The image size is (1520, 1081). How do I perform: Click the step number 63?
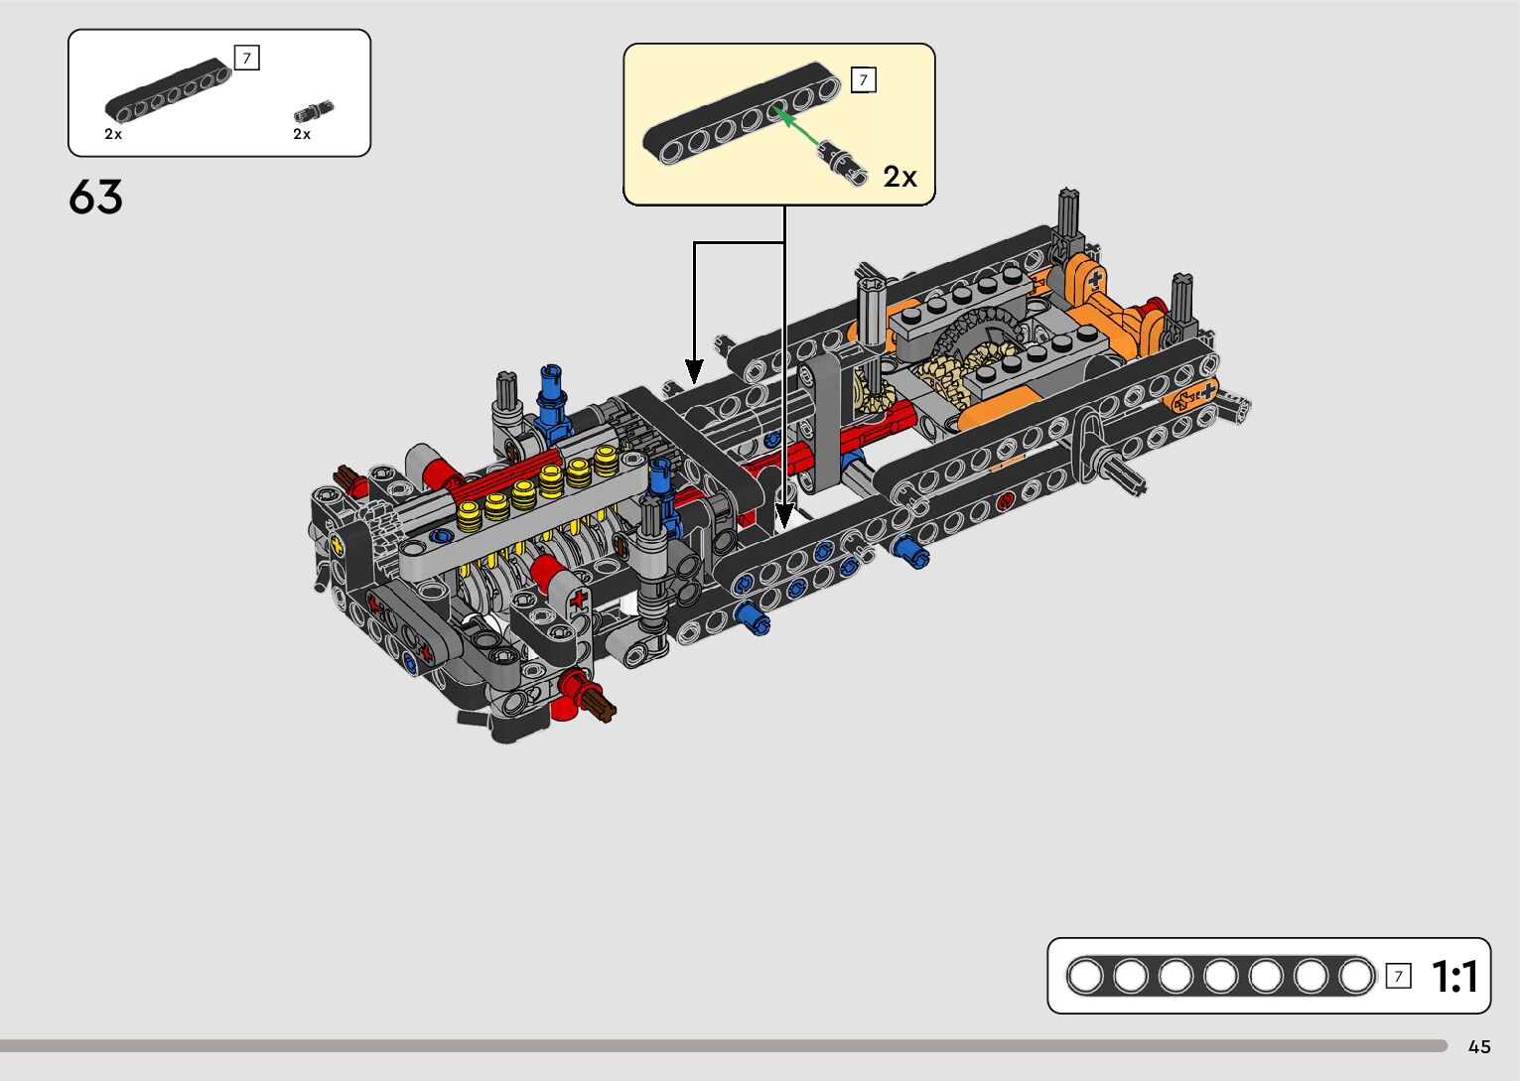click(x=95, y=197)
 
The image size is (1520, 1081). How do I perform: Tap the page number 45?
click(x=1479, y=1047)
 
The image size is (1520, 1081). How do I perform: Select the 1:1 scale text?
click(x=1454, y=977)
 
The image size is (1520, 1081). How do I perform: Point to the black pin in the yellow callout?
click(x=843, y=163)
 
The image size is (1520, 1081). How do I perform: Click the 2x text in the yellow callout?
click(x=899, y=177)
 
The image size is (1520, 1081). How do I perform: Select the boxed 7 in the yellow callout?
click(x=863, y=80)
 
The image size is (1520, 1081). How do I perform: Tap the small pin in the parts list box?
click(x=314, y=110)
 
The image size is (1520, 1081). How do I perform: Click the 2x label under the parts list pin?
click(x=302, y=134)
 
